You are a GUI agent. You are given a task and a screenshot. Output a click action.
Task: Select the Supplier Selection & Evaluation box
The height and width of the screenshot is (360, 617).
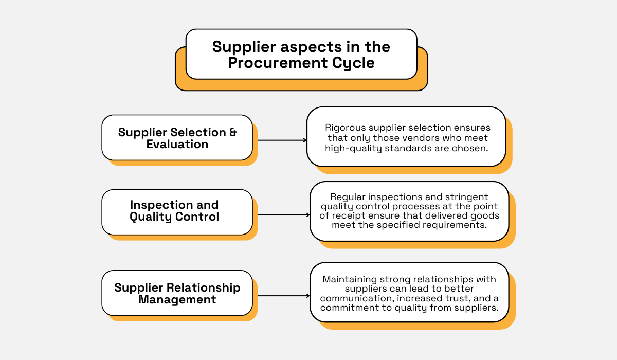[177, 137]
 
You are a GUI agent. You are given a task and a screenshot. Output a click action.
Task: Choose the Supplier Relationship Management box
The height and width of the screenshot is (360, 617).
[177, 293]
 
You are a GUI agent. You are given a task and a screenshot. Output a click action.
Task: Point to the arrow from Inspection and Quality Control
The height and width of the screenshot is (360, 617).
[283, 215]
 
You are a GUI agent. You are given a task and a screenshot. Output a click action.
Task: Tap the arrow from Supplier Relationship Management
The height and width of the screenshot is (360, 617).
[283, 296]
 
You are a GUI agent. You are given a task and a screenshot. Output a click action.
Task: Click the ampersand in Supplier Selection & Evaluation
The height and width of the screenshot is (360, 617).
[232, 132]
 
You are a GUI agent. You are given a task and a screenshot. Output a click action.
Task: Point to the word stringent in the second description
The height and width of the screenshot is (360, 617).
[467, 197]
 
